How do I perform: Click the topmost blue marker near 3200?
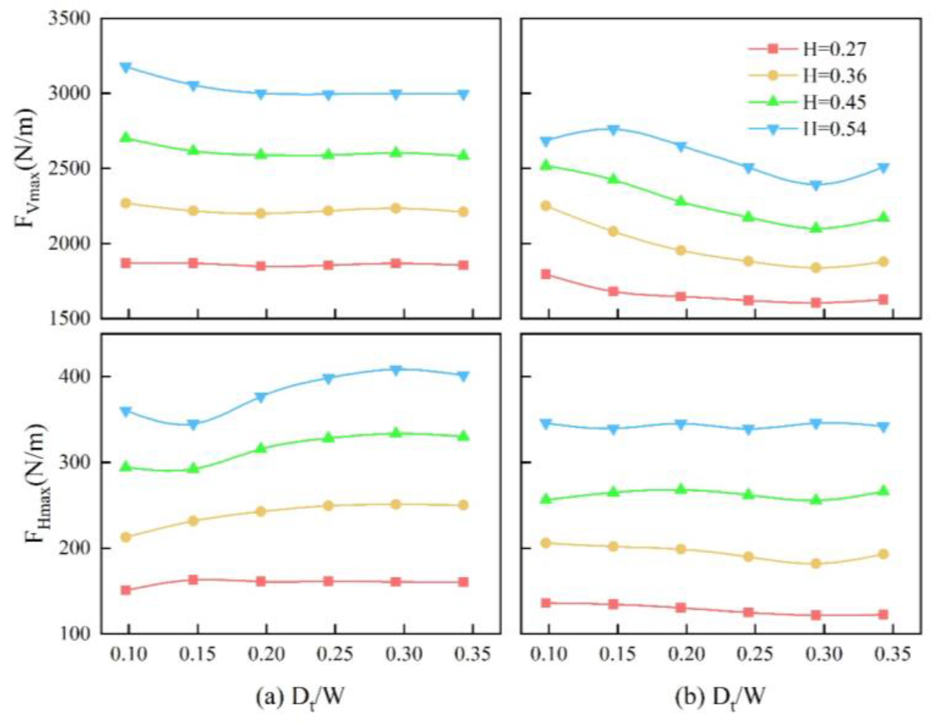(126, 68)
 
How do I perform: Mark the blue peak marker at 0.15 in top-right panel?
(614, 129)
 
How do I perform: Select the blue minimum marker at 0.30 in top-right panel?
(816, 185)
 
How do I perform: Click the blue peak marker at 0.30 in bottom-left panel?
(396, 370)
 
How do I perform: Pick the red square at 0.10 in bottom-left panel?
(126, 590)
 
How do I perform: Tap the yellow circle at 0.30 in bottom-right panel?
(816, 564)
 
